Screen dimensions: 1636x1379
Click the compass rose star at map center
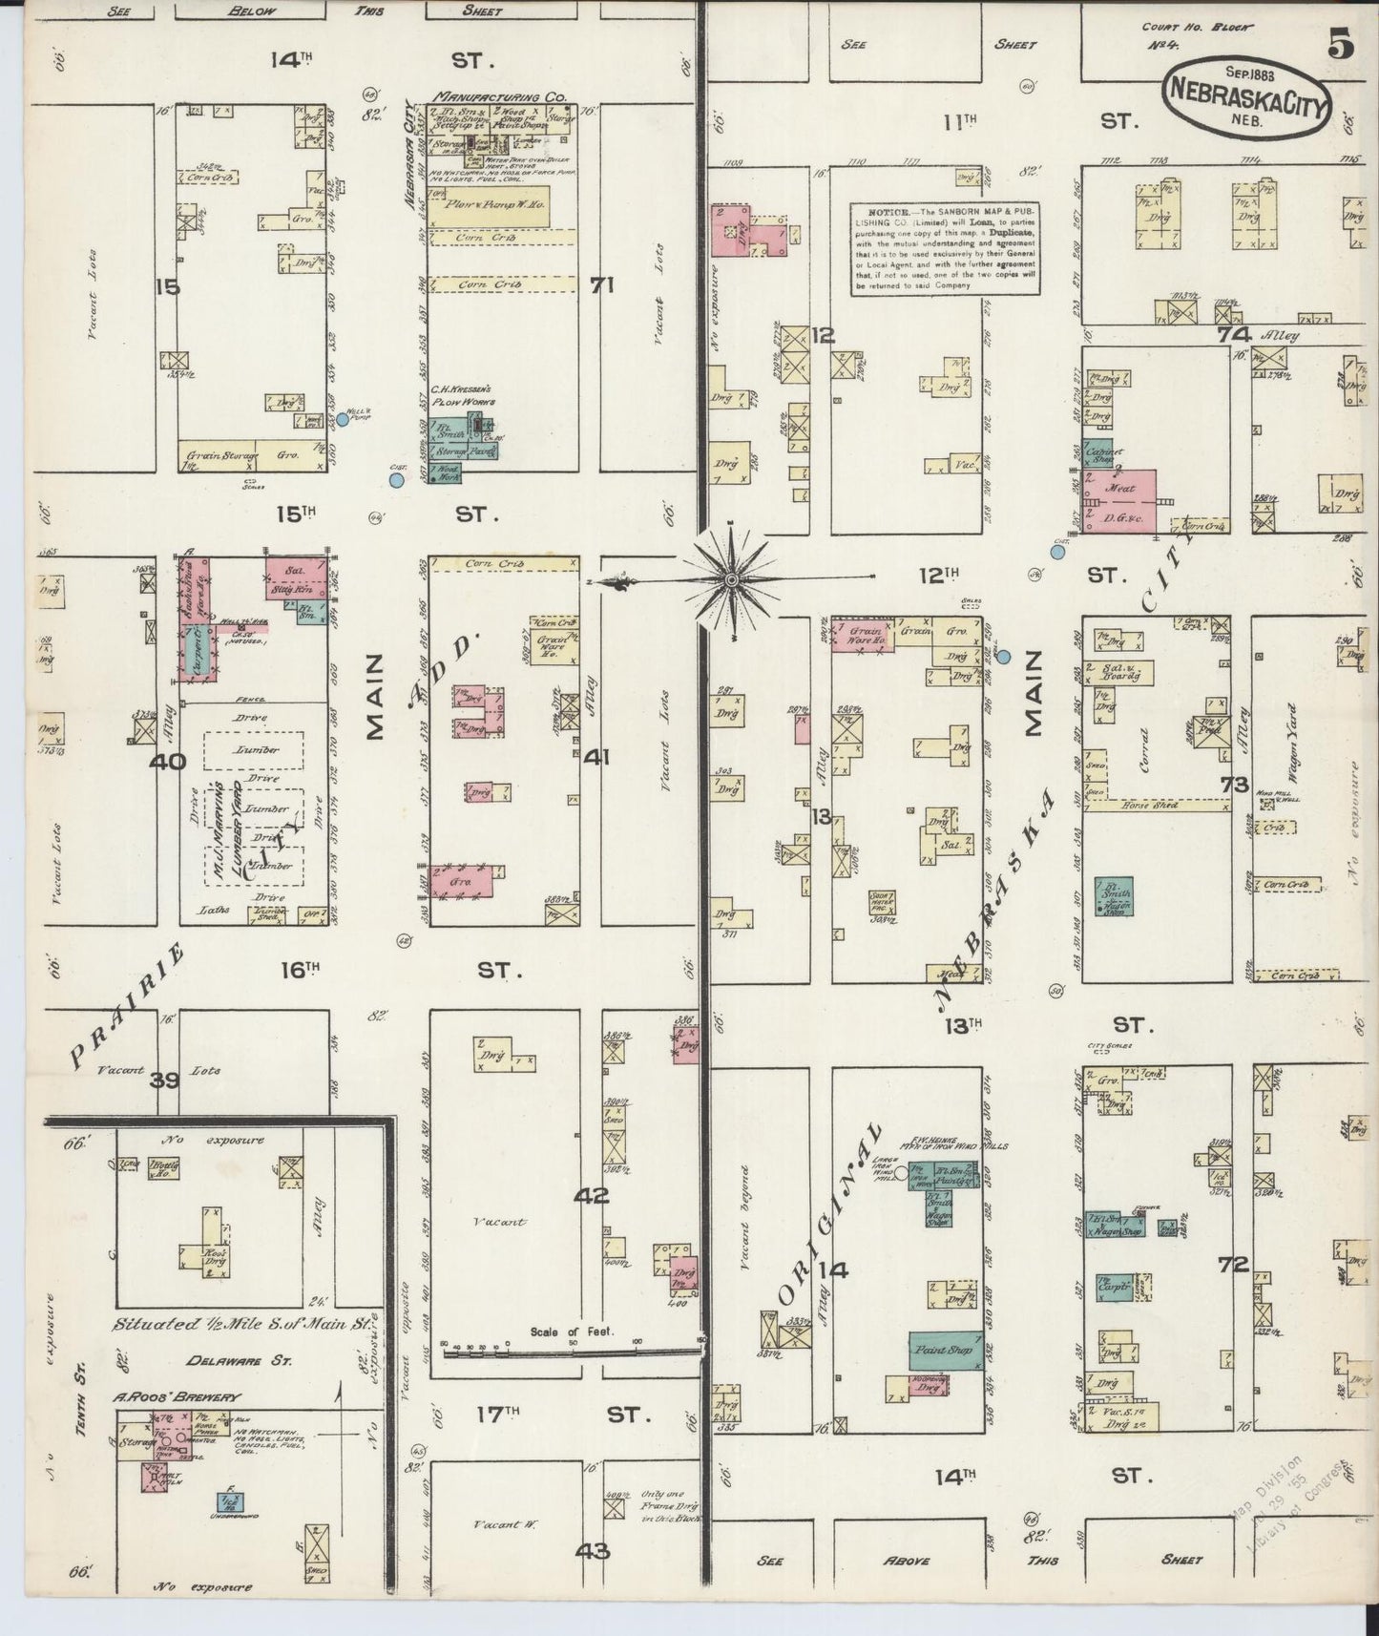[731, 577]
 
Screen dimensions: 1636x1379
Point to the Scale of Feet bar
[573, 1348]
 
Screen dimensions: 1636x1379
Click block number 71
[601, 283]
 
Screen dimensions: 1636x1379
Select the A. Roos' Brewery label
[174, 1396]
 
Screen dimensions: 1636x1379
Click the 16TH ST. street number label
[299, 971]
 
